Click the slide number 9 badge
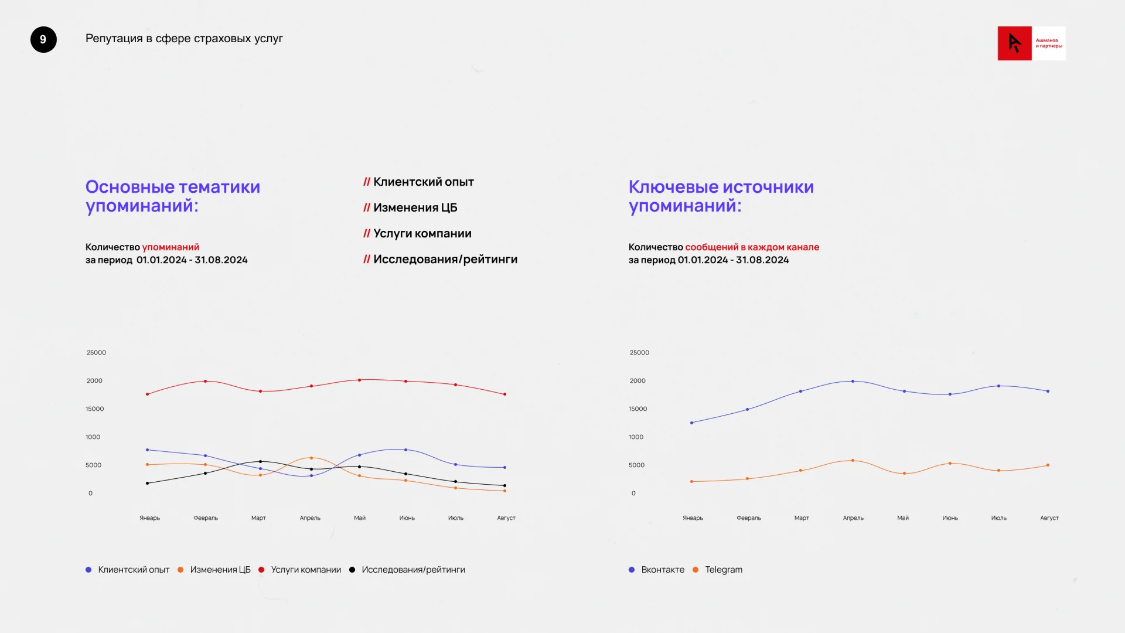pyautogui.click(x=43, y=40)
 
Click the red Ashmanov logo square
pyautogui.click(x=1014, y=43)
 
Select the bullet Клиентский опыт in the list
pyautogui.click(x=423, y=182)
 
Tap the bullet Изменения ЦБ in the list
pyautogui.click(x=415, y=208)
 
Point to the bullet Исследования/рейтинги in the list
pyautogui.click(x=445, y=260)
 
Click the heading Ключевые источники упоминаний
pyautogui.click(x=721, y=196)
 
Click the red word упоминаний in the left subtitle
pyautogui.click(x=171, y=247)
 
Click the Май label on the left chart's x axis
pyautogui.click(x=360, y=518)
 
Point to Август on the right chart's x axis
pyautogui.click(x=1049, y=518)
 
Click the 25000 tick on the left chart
pyautogui.click(x=96, y=353)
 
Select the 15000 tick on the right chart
pyautogui.click(x=637, y=409)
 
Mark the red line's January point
pyautogui.click(x=147, y=394)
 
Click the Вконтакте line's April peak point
pyautogui.click(x=853, y=382)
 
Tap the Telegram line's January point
pyautogui.click(x=692, y=482)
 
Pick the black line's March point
pyautogui.click(x=261, y=462)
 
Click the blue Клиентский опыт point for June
pyautogui.click(x=405, y=450)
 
